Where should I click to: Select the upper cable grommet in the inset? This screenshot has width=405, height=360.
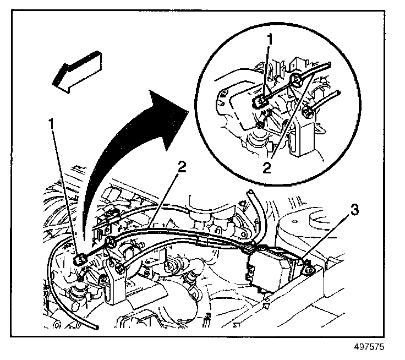[295, 80]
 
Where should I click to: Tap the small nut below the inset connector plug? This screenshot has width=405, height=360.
[260, 125]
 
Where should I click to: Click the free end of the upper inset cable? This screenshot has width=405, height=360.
[329, 64]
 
